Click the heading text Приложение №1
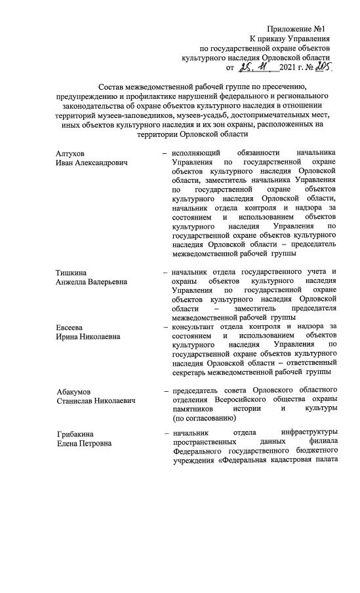point(296,29)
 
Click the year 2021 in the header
point(290,67)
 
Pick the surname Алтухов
point(71,152)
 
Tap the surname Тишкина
point(72,272)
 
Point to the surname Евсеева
point(71,326)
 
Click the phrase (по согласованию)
point(203,417)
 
